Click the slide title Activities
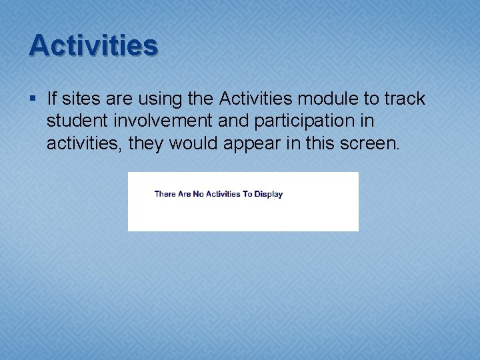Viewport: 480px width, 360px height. point(93,45)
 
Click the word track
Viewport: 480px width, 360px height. point(404,99)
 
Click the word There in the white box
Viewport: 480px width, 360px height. point(165,194)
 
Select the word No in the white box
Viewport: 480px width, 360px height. point(198,194)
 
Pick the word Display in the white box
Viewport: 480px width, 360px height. point(269,194)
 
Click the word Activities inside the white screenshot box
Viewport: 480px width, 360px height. point(223,194)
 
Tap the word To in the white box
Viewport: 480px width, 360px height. point(247,194)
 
